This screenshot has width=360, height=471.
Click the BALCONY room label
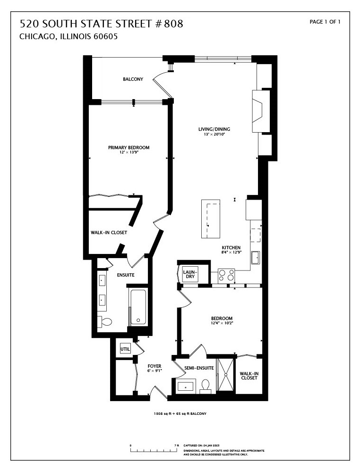click(x=133, y=79)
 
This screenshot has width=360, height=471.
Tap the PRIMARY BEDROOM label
click(x=129, y=148)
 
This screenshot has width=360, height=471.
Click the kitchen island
click(x=211, y=220)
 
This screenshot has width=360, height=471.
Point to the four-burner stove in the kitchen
click(x=226, y=274)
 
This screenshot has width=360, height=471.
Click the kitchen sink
click(x=255, y=258)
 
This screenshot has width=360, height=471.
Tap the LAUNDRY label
click(x=189, y=274)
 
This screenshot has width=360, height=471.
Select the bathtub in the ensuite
click(x=138, y=307)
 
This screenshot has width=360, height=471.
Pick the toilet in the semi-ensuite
click(x=206, y=386)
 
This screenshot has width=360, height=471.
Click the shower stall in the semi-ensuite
click(x=225, y=375)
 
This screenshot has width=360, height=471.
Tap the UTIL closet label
click(x=125, y=349)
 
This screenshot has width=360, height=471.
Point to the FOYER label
click(x=154, y=366)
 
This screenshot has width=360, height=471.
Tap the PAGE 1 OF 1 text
click(x=325, y=22)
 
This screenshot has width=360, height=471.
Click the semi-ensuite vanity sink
click(x=186, y=387)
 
